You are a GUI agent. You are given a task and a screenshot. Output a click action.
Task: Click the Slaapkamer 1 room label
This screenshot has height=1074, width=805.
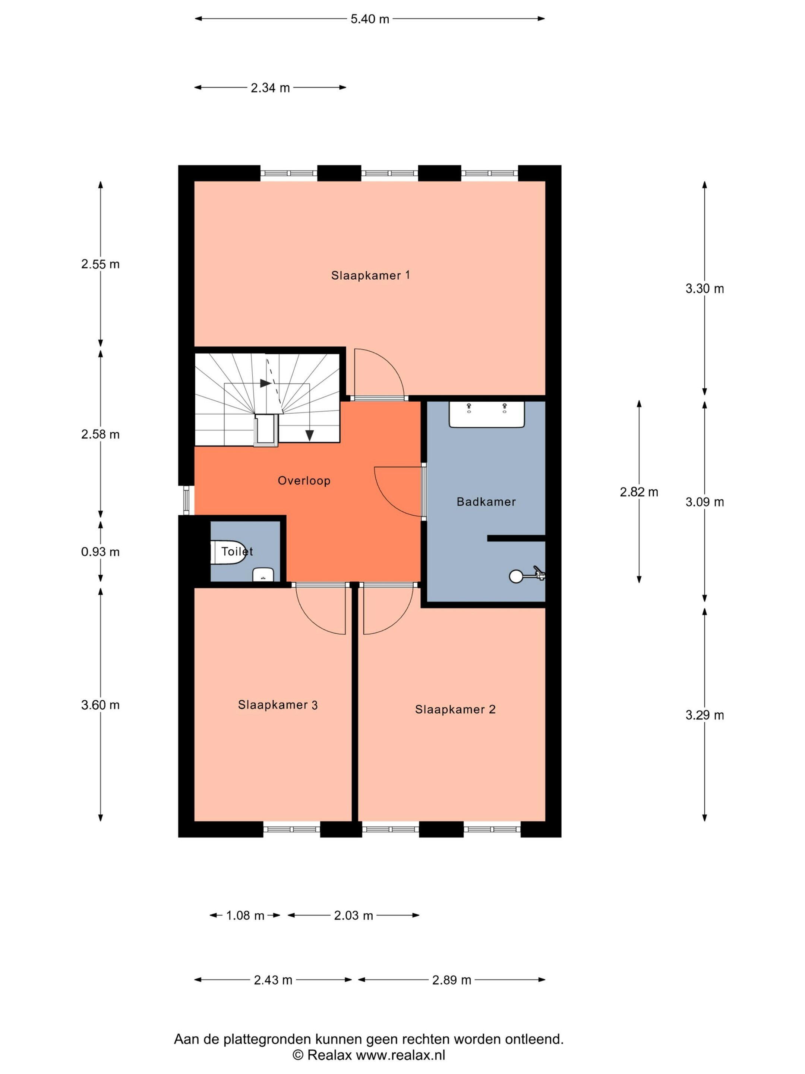tap(370, 275)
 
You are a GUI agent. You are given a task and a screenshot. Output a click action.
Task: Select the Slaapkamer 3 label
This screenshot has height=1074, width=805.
tap(278, 704)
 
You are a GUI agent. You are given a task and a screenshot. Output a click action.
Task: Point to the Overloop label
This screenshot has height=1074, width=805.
tap(304, 481)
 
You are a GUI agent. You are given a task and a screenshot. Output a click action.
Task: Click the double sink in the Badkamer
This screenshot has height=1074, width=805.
tap(486, 414)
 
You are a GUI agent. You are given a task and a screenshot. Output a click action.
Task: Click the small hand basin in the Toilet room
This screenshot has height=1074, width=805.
tap(263, 575)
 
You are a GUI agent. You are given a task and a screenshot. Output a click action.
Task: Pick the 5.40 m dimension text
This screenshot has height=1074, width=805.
tap(370, 19)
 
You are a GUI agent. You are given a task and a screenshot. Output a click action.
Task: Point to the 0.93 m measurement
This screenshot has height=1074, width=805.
tap(101, 552)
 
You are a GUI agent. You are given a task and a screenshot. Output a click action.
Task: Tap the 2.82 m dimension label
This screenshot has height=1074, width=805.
tap(639, 492)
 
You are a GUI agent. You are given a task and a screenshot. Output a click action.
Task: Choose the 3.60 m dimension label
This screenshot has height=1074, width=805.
tap(101, 704)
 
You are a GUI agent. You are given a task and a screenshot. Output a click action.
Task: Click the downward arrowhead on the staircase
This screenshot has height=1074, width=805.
tap(309, 436)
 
